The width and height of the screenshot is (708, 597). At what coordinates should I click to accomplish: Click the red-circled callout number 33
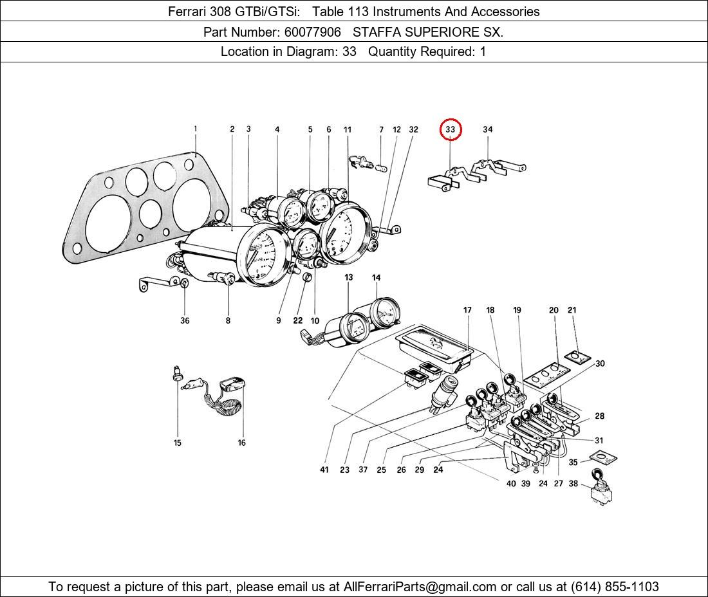[x=451, y=129]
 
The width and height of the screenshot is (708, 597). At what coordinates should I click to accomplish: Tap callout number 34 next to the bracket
[x=487, y=129]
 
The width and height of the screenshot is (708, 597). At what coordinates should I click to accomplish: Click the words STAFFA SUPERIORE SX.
[x=428, y=32]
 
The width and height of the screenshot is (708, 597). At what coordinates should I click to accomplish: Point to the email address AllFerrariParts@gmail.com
[x=420, y=587]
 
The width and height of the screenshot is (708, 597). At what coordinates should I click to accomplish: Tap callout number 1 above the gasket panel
[x=196, y=129]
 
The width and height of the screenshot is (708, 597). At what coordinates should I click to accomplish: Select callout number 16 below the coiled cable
[x=242, y=443]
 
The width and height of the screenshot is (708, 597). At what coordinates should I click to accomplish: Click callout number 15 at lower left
[x=178, y=443]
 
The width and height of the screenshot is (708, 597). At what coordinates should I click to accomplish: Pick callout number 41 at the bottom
[x=324, y=470]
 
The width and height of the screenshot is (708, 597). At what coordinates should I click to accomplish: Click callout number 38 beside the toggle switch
[x=573, y=484]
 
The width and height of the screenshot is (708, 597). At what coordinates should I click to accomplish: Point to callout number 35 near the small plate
[x=573, y=462]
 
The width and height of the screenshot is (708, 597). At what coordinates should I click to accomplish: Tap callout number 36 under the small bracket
[x=185, y=320]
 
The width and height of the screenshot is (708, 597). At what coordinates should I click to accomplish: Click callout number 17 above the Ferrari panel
[x=467, y=310]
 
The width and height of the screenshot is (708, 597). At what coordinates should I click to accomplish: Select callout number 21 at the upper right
[x=572, y=310]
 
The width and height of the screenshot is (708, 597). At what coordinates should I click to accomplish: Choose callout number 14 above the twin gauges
[x=376, y=277]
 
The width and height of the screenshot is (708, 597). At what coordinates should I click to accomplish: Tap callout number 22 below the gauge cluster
[x=298, y=320]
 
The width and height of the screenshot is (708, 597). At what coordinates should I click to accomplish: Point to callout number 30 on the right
[x=599, y=363]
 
